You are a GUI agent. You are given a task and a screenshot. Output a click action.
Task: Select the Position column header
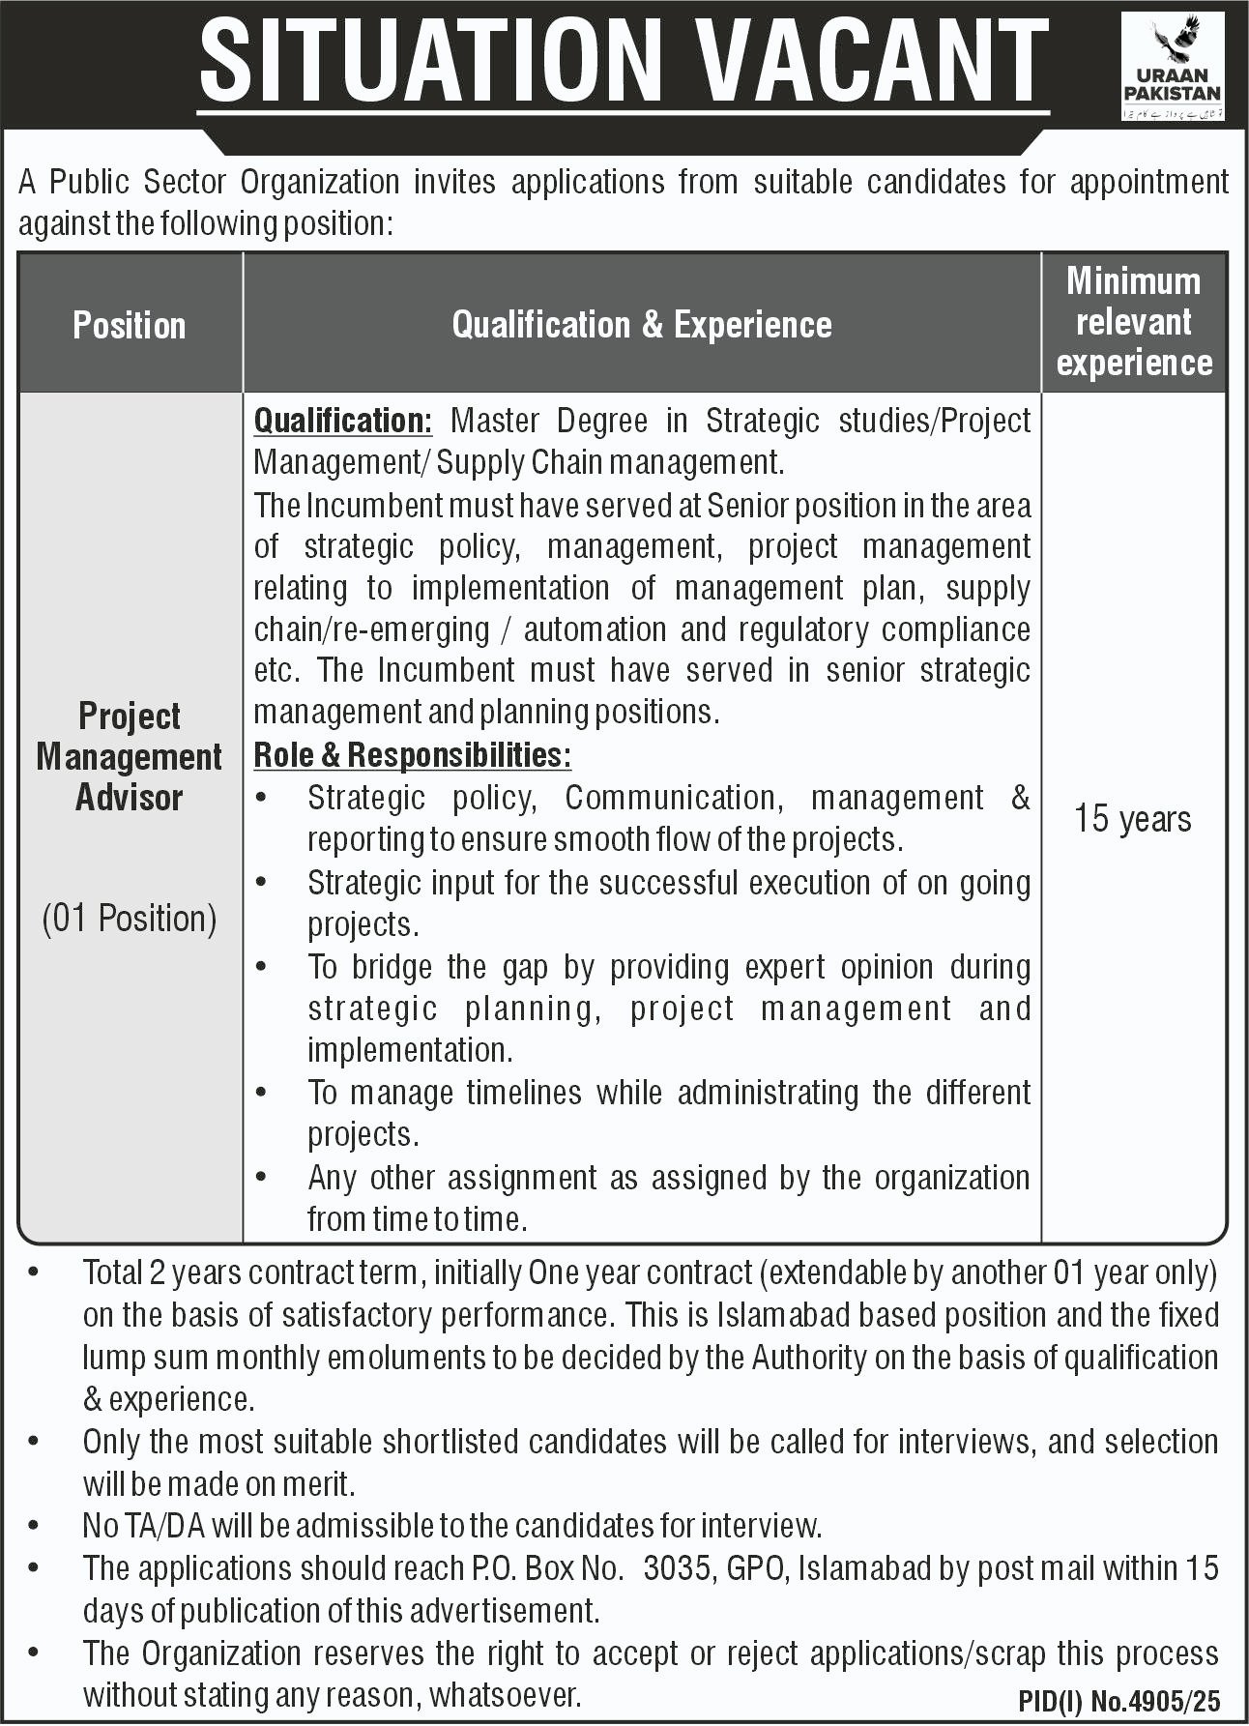[130, 325]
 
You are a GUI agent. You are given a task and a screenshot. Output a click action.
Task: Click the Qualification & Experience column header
[642, 325]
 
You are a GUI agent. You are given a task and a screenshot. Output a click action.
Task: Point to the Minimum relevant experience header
[1133, 322]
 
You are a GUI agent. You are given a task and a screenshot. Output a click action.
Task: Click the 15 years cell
[1133, 819]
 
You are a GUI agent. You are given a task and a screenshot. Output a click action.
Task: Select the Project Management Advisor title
[130, 757]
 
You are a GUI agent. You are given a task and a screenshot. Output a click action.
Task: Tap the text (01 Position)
[130, 918]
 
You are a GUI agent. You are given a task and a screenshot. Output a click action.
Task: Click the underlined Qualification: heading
[342, 422]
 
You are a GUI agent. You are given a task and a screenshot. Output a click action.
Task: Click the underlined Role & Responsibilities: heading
[412, 755]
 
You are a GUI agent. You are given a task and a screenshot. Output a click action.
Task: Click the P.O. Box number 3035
[676, 1568]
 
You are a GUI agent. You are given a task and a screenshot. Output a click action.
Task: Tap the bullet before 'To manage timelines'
[262, 1093]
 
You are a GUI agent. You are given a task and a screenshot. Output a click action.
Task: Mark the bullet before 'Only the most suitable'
[35, 1442]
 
